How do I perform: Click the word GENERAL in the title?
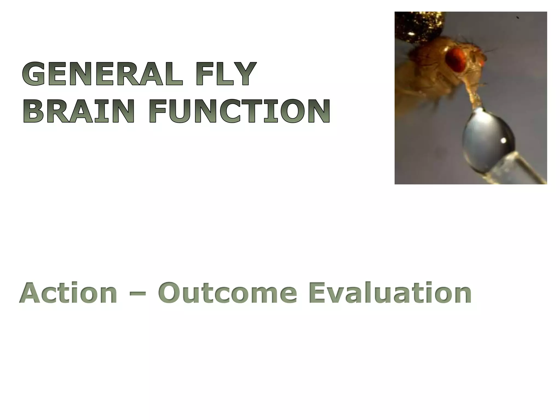pyautogui.click(x=102, y=74)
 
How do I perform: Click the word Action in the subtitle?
pyautogui.click(x=68, y=293)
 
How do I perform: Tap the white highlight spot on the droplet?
pyautogui.click(x=503, y=141)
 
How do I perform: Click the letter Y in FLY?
pyautogui.click(x=244, y=74)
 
